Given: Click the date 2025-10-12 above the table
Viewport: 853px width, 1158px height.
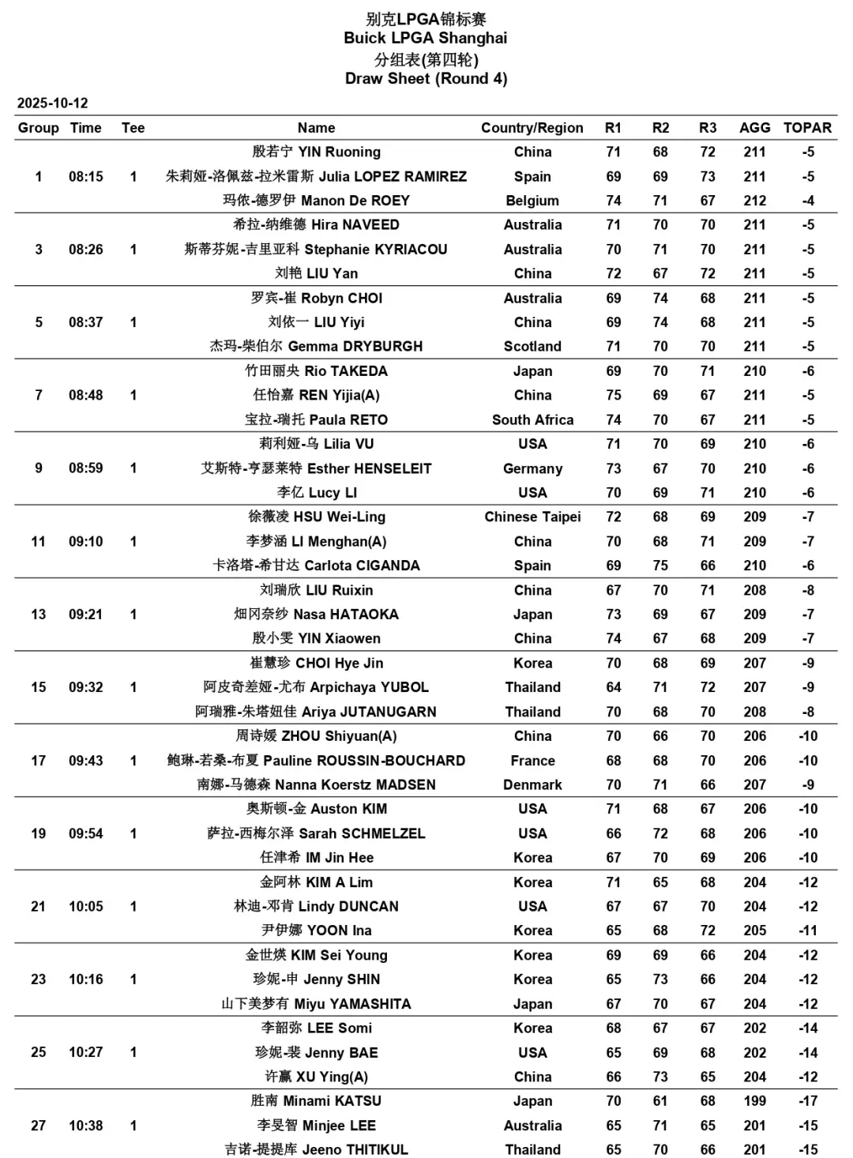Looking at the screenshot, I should [x=52, y=103].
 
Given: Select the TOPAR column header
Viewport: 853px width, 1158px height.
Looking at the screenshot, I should [x=807, y=128].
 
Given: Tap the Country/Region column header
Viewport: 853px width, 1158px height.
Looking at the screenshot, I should [x=532, y=128].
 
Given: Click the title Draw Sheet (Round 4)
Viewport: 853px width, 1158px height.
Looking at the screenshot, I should [x=426, y=78].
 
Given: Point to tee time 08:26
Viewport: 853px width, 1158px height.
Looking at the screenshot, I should [x=85, y=250].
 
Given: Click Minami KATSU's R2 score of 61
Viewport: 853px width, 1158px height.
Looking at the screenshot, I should [x=660, y=1101].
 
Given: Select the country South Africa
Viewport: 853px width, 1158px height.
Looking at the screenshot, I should [x=532, y=419].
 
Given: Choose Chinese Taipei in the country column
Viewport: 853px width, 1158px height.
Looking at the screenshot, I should [x=532, y=517].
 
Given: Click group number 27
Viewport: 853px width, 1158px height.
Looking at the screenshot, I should [x=38, y=1126].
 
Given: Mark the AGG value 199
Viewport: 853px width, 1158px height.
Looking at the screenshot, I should [x=754, y=1101].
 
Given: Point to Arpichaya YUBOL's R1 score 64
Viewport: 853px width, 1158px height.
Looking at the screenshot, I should [x=614, y=687].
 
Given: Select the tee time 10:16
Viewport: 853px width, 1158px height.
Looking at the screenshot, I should [x=85, y=979].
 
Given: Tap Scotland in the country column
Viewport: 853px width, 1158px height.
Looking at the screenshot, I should [x=532, y=346].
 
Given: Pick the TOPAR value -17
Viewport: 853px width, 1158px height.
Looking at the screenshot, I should [x=807, y=1101].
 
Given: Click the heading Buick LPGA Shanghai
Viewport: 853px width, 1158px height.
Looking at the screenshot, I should [x=426, y=38].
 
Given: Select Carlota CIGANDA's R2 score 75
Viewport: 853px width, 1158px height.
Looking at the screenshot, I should [x=660, y=566].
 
